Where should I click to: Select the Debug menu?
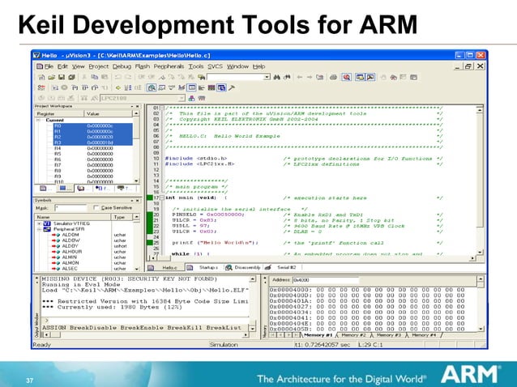coord(122,66)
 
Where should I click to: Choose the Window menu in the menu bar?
coord(237,66)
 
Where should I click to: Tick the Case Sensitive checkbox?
coord(96,207)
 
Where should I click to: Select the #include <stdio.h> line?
coord(198,157)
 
